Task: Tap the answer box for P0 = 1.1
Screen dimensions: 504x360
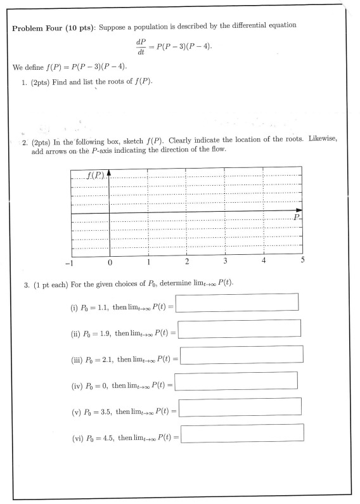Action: coord(237,302)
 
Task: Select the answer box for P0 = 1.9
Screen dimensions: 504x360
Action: coord(239,328)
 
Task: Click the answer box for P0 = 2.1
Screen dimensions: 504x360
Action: coord(241,354)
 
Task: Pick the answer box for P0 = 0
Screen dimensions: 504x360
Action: coord(236,380)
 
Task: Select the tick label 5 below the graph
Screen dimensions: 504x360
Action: coord(302,260)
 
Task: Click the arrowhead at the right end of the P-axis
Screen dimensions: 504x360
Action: coord(299,210)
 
